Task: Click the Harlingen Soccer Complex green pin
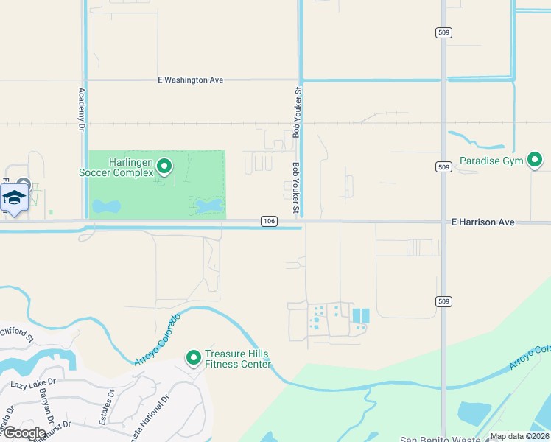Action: click(164, 167)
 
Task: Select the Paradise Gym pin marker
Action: click(535, 160)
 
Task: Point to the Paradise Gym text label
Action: click(491, 161)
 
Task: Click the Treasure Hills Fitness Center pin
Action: click(194, 358)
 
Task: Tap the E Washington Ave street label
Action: click(190, 80)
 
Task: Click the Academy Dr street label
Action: click(81, 110)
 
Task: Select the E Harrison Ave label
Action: click(483, 222)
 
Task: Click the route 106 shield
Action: click(269, 222)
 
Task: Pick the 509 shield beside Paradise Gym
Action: click(443, 168)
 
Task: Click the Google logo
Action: click(24, 433)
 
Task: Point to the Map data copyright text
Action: click(520, 436)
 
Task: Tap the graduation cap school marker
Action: click(14, 197)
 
